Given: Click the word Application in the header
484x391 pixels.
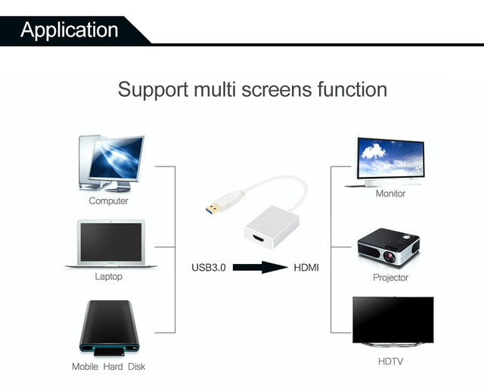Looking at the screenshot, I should (x=70, y=29).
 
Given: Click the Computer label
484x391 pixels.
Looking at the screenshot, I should (x=108, y=201).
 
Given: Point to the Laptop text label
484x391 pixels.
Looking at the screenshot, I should (x=108, y=277).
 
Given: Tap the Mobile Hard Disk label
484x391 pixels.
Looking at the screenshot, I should (x=108, y=367).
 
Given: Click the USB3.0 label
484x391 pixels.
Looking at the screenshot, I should (x=209, y=268).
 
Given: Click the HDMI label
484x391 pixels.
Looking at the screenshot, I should (x=306, y=268).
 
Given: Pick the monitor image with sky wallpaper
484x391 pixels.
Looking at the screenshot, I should (x=390, y=160).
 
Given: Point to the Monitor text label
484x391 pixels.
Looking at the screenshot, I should (x=390, y=194).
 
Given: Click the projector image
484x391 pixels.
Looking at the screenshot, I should (x=389, y=244).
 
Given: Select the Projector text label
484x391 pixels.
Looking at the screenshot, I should (x=390, y=278).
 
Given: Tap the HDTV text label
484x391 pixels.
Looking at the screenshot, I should (x=390, y=362).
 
